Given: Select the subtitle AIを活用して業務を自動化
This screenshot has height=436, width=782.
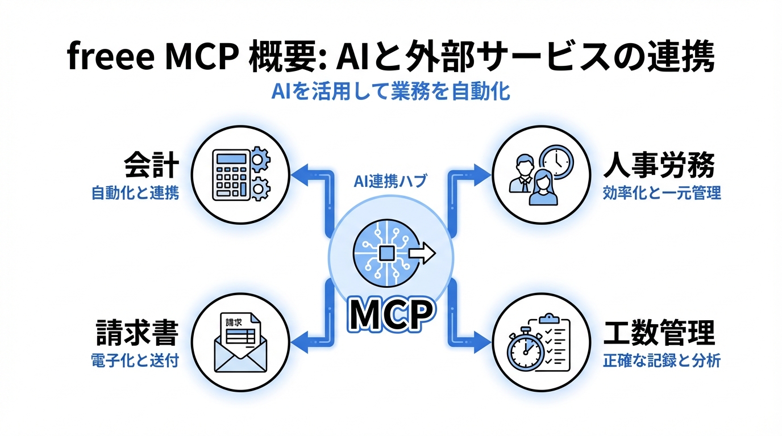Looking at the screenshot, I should tap(390, 93).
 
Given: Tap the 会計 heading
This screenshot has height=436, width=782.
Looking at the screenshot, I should tap(151, 167).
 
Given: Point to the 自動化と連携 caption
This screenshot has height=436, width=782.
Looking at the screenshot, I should tap(135, 193).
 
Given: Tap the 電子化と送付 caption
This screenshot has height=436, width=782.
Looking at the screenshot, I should tap(135, 360).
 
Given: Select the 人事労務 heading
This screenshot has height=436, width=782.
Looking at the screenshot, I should tap(658, 167).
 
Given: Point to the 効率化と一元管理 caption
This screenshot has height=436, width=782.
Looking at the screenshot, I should tap(662, 193).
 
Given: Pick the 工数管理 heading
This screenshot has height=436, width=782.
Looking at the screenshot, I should tap(658, 333).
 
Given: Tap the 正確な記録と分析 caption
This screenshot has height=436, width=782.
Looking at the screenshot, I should tap(662, 360).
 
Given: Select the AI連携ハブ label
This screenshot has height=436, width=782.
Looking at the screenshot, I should tap(391, 182).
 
